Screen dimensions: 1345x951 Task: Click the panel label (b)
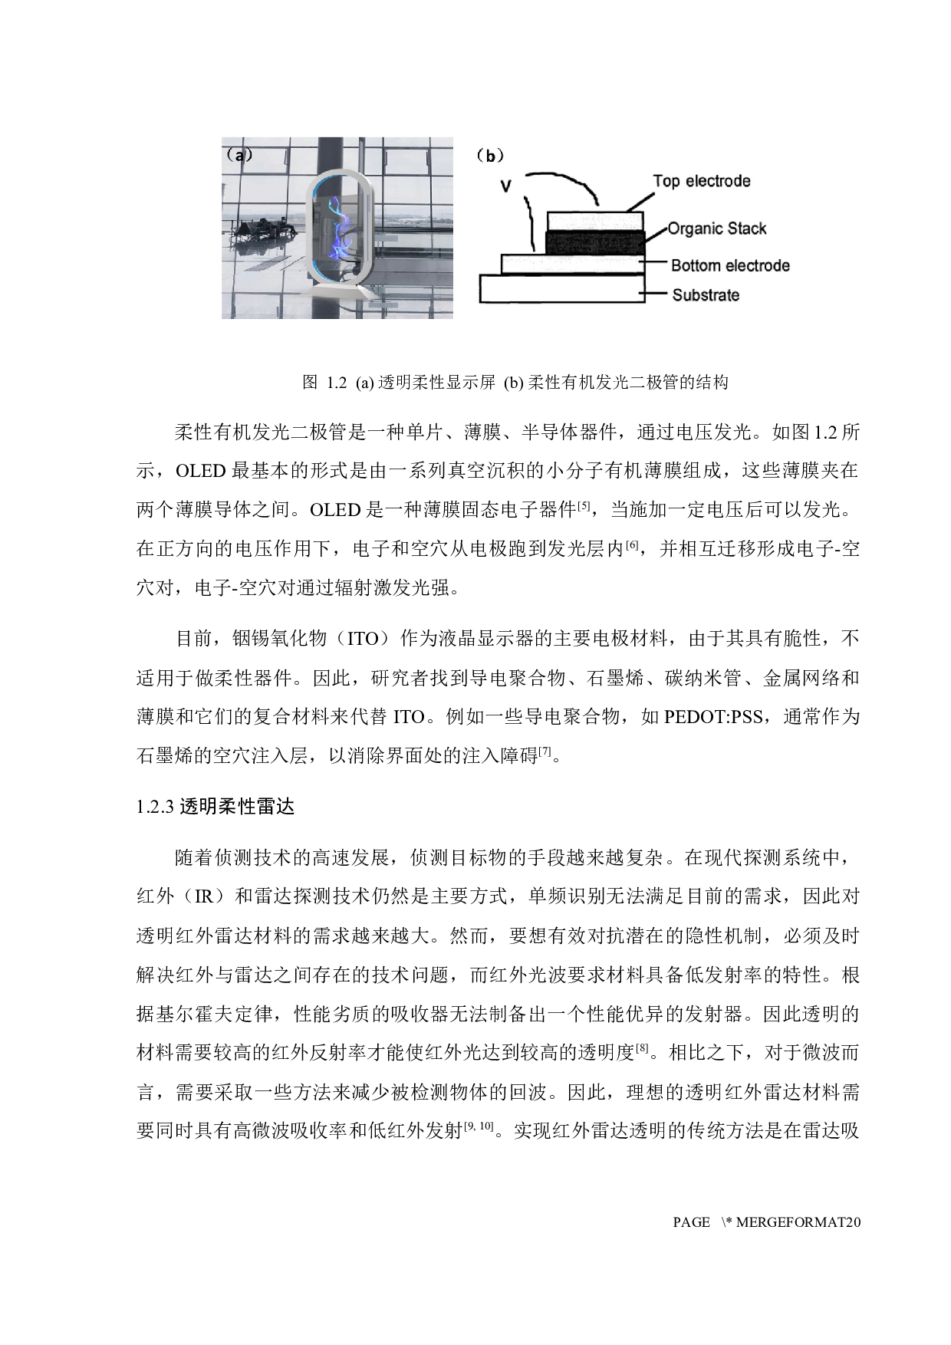[490, 156]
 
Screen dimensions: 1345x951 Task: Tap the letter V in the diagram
[505, 186]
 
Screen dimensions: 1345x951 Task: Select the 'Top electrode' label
[701, 182]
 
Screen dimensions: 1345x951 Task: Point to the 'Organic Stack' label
[716, 229]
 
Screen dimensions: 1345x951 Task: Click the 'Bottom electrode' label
[730, 266]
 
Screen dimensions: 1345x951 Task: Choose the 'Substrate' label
[706, 295]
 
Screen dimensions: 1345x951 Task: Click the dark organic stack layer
[594, 242]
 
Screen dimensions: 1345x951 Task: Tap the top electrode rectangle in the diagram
[594, 221]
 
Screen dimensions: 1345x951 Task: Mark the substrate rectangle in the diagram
[561, 288]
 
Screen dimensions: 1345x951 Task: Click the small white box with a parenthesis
[389, 637]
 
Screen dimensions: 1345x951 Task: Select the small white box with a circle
[435, 715]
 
